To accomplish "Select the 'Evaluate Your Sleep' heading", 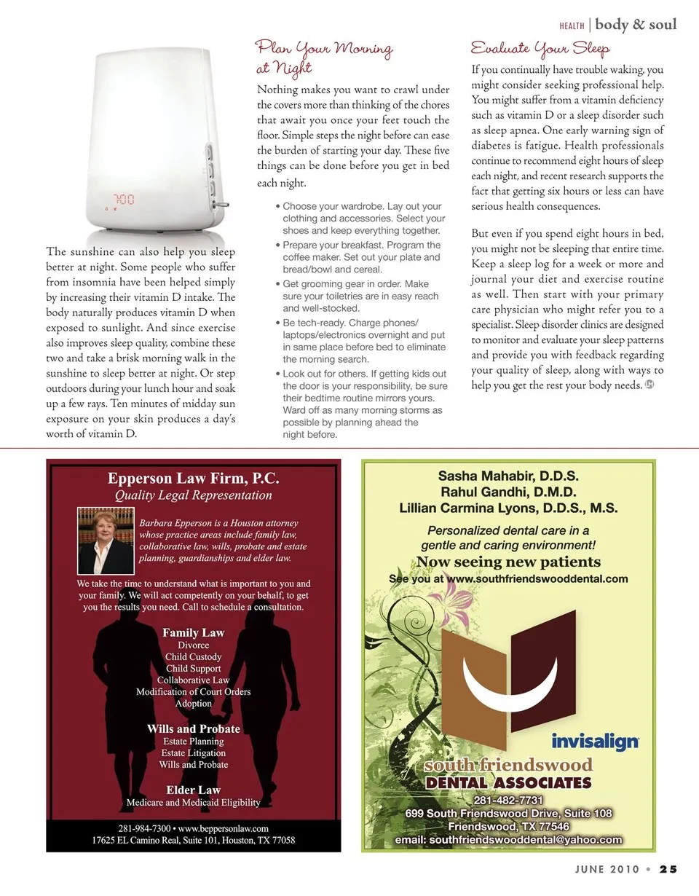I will point(540,49).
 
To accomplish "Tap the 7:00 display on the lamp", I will point(123,198).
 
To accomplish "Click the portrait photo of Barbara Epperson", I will point(106,541).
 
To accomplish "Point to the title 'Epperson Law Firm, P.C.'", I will point(194,479).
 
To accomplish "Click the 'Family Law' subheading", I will point(193,632).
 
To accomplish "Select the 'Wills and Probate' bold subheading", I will point(194,728).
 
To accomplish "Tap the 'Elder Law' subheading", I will point(193,790).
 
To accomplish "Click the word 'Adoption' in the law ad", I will point(194,704).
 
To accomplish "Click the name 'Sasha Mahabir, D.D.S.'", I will point(508,476).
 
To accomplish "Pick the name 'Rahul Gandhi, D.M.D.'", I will point(508,492).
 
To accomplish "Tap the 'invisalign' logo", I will point(595,742).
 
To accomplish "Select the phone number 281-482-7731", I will point(508,801).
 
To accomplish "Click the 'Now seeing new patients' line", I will point(508,562).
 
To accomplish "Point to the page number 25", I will point(668,868).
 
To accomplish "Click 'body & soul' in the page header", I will point(636,25).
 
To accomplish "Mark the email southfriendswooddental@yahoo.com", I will point(508,839).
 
